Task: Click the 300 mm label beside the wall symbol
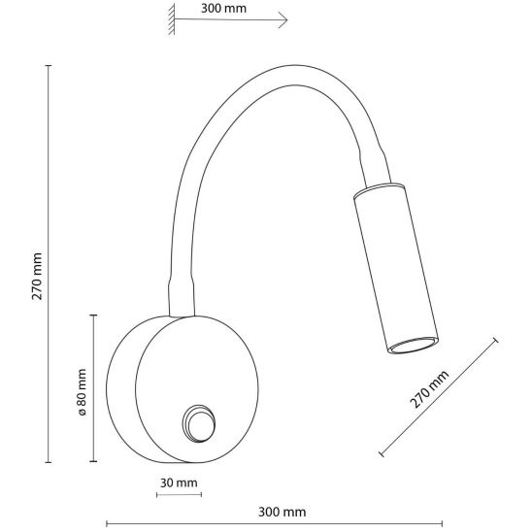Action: click(223, 8)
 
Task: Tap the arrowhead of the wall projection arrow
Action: click(283, 19)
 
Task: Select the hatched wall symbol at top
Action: click(172, 19)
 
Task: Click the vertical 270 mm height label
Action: click(37, 276)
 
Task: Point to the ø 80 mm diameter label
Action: click(82, 392)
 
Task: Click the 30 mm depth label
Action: click(179, 482)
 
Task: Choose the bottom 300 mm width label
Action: click(282, 512)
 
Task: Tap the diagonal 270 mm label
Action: click(429, 389)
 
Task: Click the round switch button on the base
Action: click(199, 423)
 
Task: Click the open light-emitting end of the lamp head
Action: click(413, 346)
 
